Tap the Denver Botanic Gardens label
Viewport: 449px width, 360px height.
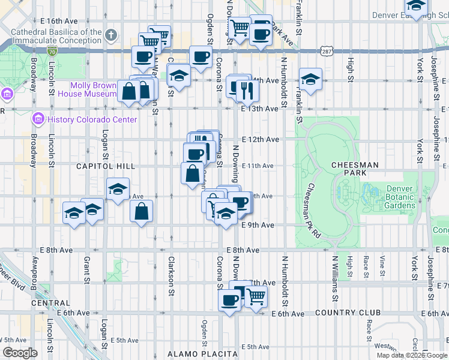[391, 197]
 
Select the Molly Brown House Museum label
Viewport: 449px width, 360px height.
[93, 89]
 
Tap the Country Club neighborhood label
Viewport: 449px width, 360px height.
[348, 313]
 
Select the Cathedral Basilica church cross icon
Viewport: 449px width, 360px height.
[110, 35]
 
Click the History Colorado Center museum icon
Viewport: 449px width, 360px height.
[39, 119]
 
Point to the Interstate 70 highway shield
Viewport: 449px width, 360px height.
[53, 44]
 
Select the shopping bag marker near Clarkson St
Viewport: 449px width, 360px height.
[141, 211]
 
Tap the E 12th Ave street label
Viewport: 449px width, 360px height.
[263, 139]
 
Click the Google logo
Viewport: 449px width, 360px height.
[20, 353]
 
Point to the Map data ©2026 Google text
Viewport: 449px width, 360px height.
[412, 355]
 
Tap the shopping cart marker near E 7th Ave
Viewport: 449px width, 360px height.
[256, 295]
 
